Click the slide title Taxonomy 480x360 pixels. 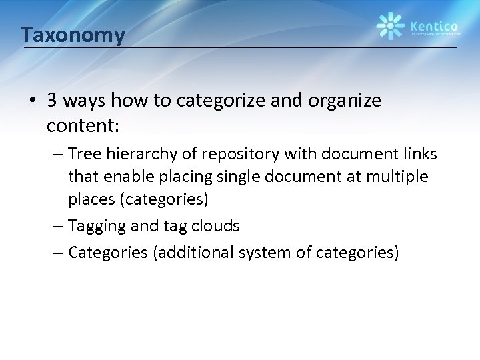(72, 34)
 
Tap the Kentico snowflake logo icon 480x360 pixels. (390, 26)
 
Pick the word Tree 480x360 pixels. (85, 155)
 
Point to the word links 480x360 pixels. (418, 155)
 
